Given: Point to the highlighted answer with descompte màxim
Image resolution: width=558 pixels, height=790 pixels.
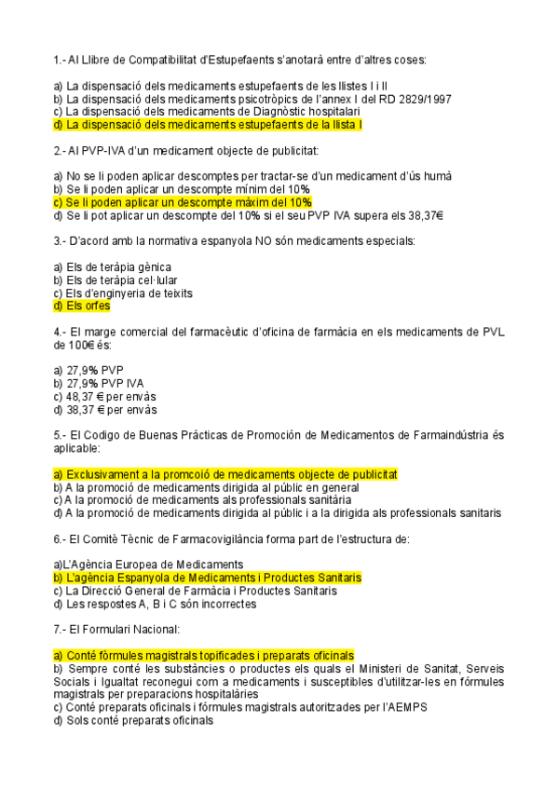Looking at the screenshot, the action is click(183, 201).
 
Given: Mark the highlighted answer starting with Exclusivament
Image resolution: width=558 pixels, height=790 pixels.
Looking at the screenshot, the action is click(226, 474).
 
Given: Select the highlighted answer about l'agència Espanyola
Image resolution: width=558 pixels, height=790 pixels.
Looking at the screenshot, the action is click(208, 578).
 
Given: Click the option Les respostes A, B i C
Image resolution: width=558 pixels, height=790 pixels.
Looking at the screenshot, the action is click(161, 604).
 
